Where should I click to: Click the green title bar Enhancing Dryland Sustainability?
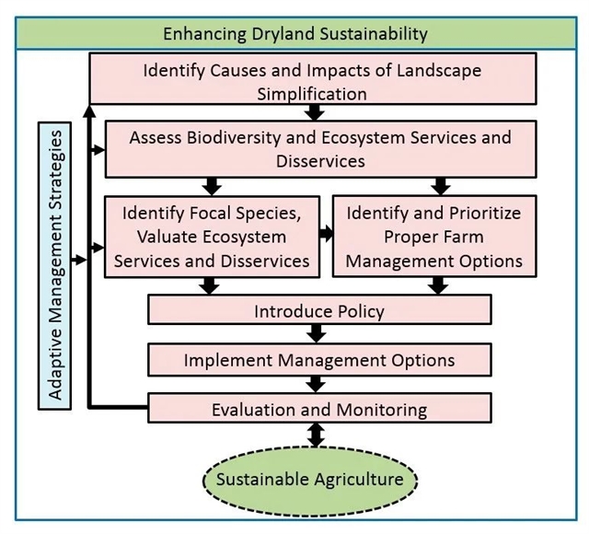[x=294, y=34]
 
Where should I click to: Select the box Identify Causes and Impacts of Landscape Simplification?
[x=312, y=80]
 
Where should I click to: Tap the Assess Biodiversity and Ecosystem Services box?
[x=319, y=148]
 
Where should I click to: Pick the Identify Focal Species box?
[x=211, y=237]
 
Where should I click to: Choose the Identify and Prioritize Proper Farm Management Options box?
[x=433, y=237]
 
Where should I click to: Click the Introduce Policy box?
[x=318, y=310]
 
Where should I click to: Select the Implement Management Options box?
[x=318, y=358]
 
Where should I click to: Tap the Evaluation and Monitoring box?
[x=318, y=408]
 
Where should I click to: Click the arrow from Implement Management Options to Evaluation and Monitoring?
[x=318, y=382]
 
